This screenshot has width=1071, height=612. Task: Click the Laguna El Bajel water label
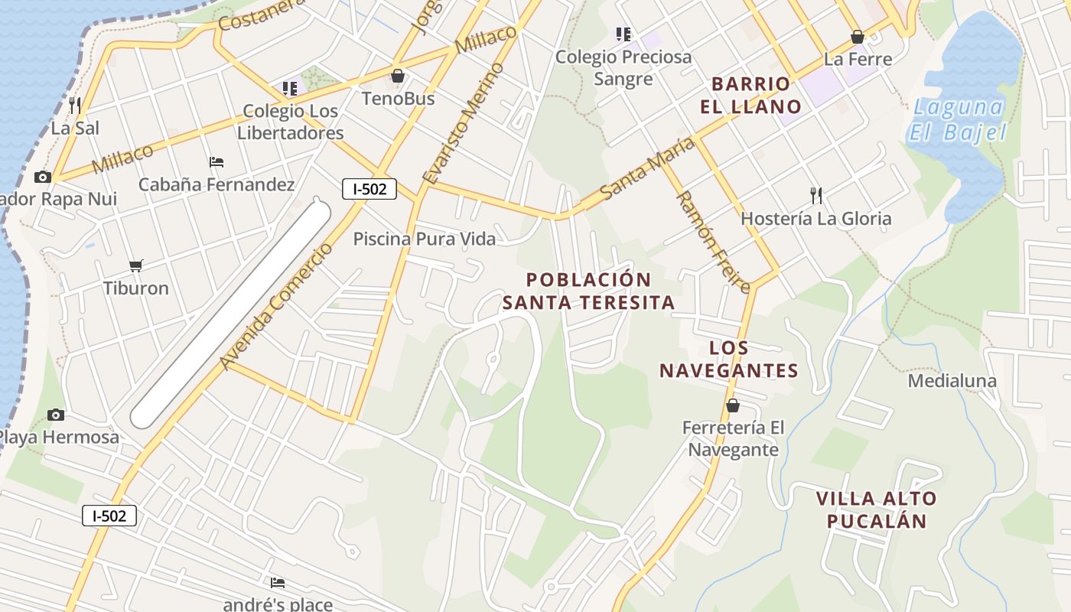(x=958, y=119)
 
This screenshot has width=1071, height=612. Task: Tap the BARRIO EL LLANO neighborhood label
(x=750, y=95)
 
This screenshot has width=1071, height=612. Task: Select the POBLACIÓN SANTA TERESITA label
(x=589, y=291)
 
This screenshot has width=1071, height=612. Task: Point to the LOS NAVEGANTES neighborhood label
(x=729, y=360)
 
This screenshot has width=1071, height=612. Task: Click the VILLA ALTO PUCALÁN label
(x=876, y=510)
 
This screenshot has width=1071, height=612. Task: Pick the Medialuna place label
(x=952, y=380)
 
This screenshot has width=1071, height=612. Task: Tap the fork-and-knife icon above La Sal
(x=75, y=105)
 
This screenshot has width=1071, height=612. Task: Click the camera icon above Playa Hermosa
(x=56, y=415)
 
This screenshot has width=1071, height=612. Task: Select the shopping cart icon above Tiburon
(x=136, y=265)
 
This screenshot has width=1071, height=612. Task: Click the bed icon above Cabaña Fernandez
(x=216, y=162)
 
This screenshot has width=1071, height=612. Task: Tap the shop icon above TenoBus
(x=398, y=76)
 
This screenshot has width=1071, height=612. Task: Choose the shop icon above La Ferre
(x=858, y=37)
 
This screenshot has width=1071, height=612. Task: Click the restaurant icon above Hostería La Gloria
(x=816, y=196)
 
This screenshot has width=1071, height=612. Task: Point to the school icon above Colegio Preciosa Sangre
(x=623, y=34)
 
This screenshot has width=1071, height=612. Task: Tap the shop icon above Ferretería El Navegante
(x=733, y=405)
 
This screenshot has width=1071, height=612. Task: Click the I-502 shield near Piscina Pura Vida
(x=369, y=188)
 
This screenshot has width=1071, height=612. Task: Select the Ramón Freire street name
(x=712, y=241)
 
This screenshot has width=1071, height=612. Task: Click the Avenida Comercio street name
(x=276, y=307)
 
